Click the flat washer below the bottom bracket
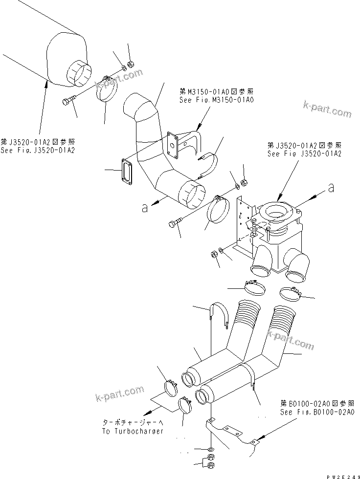(x=210, y=449)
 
